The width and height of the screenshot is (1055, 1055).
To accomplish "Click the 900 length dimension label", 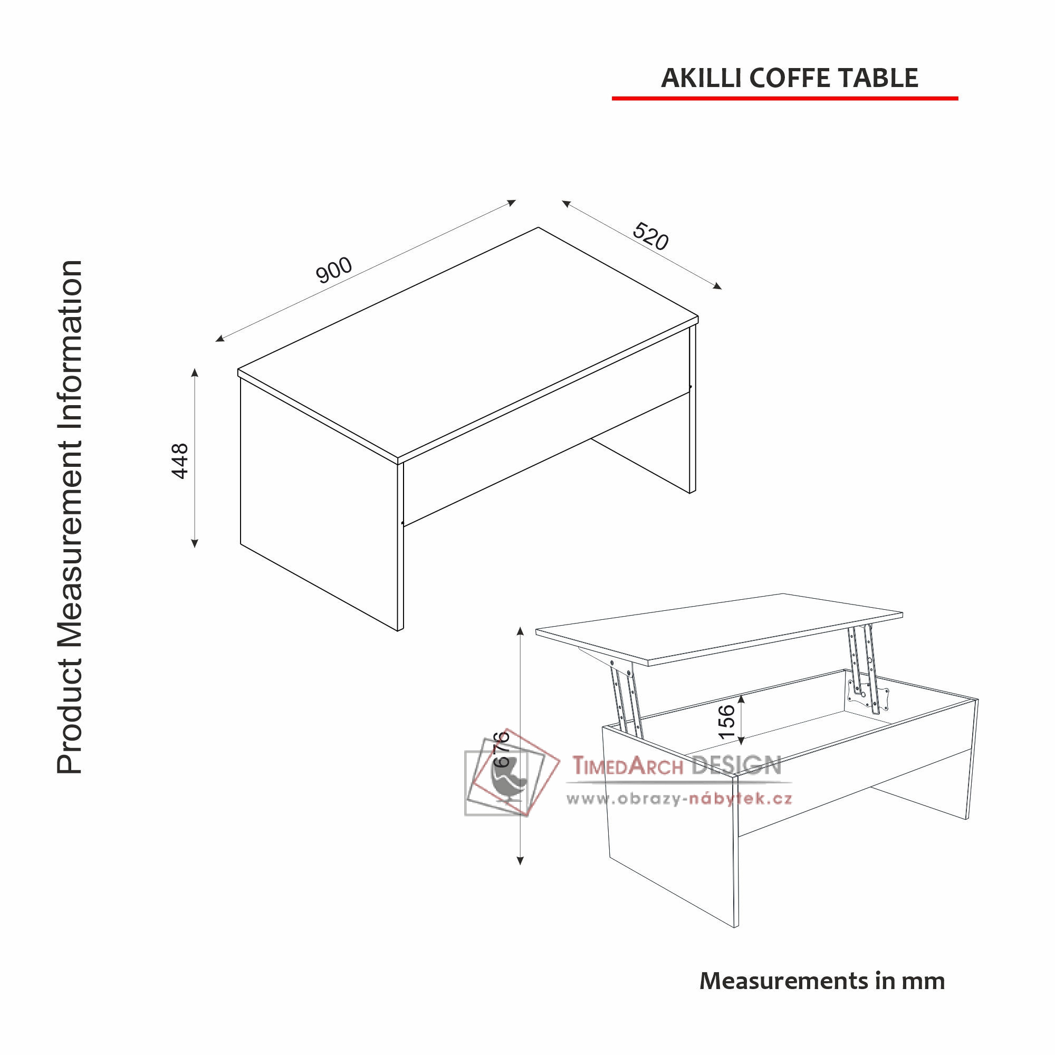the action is pos(334,270).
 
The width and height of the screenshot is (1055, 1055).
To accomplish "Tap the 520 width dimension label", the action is pos(650,236).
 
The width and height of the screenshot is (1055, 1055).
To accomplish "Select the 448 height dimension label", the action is pos(180,462).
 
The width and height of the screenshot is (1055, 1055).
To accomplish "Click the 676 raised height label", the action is pos(501,749).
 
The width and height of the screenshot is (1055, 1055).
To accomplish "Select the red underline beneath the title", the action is pos(785,98).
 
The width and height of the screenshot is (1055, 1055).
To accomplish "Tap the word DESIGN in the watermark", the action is pos(736,765).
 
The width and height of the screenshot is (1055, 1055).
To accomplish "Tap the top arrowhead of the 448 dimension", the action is pos(195,373).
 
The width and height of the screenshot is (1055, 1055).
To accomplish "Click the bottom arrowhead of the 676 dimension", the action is pos(521,860).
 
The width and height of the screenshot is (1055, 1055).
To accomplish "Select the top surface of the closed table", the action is pos(468,342).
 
